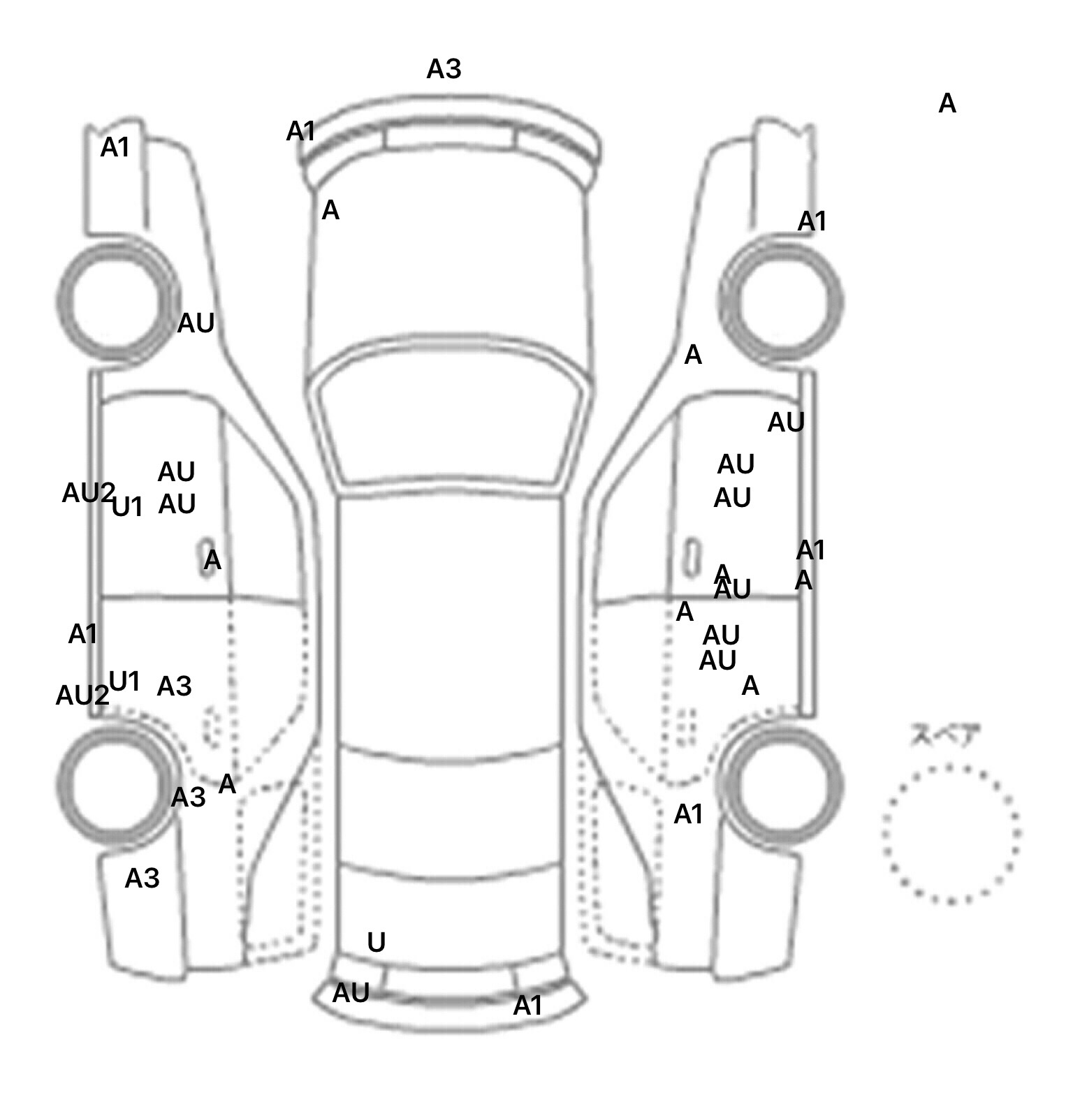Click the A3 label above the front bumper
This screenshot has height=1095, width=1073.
[x=444, y=69]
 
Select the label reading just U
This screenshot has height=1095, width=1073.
[x=376, y=943]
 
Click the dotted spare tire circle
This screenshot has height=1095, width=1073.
[x=950, y=834]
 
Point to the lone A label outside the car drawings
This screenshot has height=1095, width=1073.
[x=947, y=103]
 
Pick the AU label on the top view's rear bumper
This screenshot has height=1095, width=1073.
[x=351, y=992]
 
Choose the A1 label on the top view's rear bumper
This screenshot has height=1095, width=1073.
[x=527, y=1006]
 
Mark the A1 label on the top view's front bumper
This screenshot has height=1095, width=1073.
[x=301, y=131]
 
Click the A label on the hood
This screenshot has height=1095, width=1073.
[x=330, y=210]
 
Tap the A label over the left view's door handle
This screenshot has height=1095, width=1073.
[x=212, y=559]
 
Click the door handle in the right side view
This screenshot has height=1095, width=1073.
[x=692, y=557]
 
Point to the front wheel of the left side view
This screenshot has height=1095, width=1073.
[x=117, y=302]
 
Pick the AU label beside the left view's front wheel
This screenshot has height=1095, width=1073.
[x=196, y=323]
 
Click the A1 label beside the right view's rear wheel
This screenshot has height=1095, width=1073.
[x=688, y=814]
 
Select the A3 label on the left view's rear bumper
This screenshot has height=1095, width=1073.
[x=142, y=878]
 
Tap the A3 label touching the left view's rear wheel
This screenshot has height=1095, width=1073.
[x=188, y=796]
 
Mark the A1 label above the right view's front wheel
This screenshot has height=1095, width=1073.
[x=812, y=221]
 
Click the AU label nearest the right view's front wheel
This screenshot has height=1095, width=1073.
[x=786, y=422]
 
